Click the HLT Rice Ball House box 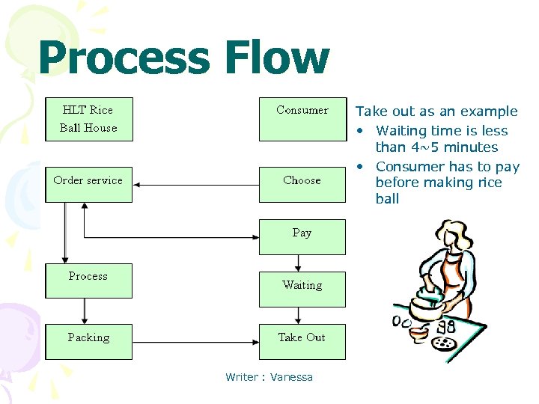89,119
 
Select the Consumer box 302,119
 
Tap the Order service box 88,184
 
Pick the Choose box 302,184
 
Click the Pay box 302,236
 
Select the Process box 88,281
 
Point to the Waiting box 302,289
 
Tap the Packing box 88,341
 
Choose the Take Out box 302,341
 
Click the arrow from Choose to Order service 195,184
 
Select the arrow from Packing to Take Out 195,341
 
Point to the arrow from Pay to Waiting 299,263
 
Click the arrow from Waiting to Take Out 299,315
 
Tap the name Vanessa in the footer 291,377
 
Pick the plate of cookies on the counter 442,343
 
